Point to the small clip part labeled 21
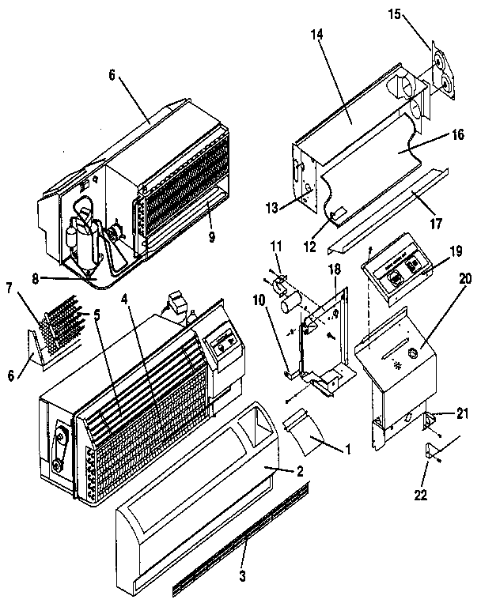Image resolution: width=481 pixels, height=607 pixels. point(432,420)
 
